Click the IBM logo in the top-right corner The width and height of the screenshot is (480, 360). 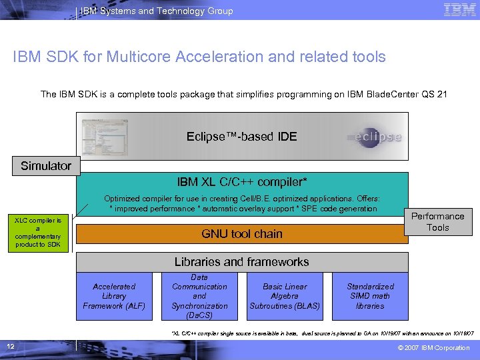point(459,10)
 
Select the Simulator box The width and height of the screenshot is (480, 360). point(46,165)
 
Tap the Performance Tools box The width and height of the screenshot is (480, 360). point(437,221)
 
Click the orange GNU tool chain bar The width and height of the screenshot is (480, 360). point(241,234)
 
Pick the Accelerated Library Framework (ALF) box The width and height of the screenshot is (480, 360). point(114,296)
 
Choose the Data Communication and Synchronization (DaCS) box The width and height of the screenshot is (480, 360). point(199,296)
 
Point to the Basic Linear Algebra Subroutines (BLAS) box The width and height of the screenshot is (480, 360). point(285,296)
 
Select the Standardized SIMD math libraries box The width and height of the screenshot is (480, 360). point(370,296)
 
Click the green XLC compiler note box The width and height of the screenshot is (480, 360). point(38,233)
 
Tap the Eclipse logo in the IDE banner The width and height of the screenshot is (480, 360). point(374,137)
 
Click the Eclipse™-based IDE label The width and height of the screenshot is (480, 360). point(241,137)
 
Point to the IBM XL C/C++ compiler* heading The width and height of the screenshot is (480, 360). point(241,181)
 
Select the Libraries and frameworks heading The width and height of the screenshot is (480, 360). point(241,262)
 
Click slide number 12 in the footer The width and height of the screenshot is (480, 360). point(11,347)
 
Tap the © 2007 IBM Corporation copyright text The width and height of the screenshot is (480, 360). point(433,348)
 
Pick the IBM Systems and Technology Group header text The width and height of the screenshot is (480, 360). point(157,11)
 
